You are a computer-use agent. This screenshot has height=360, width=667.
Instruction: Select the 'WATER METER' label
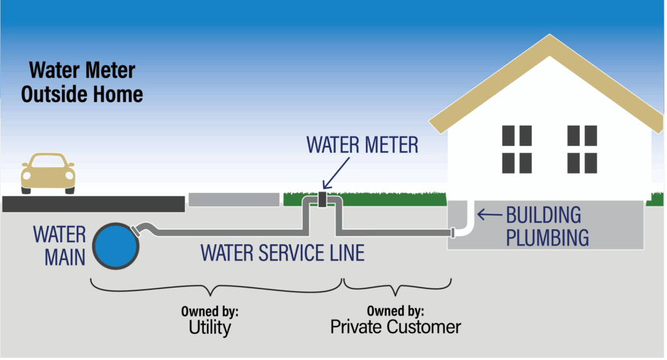pyautogui.click(x=362, y=145)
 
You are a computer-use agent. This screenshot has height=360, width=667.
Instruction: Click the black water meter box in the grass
pyautogui.click(x=322, y=199)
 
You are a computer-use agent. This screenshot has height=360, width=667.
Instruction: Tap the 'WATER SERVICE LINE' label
pyautogui.click(x=282, y=252)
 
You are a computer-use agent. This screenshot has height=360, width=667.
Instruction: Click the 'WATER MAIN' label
pyautogui.click(x=60, y=245)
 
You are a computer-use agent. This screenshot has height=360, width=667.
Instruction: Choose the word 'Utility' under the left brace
pyautogui.click(x=211, y=327)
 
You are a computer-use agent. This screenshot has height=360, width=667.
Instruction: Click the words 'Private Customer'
pyautogui.click(x=395, y=326)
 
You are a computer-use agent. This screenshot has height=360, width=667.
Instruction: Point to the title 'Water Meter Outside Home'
pyautogui.click(x=81, y=81)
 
